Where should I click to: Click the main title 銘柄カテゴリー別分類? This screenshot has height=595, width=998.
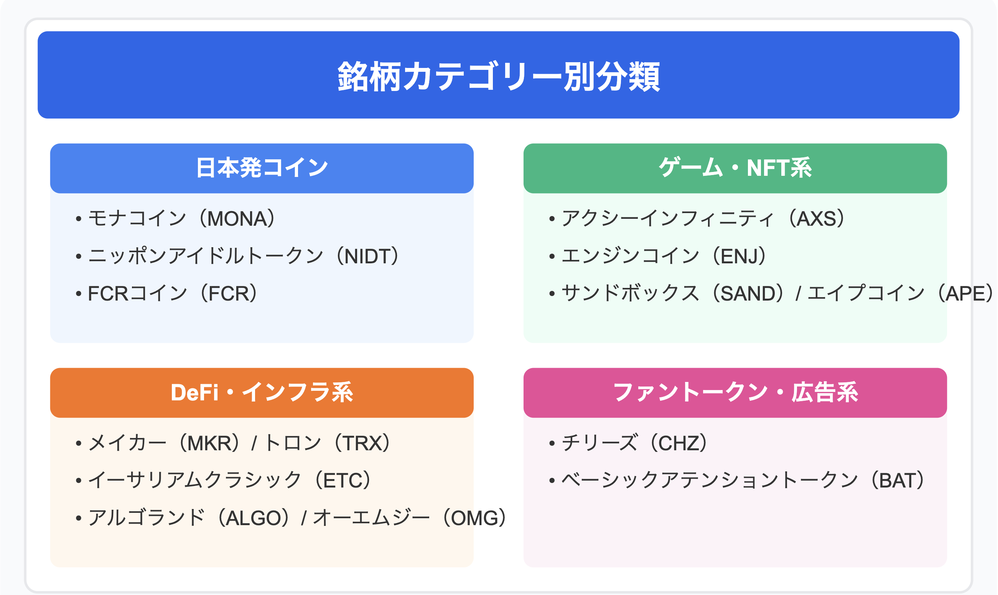(x=499, y=76)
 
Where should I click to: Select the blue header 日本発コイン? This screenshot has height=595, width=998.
(x=262, y=168)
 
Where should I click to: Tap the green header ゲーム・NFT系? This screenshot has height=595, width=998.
(x=735, y=168)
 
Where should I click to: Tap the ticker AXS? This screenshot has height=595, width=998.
(x=817, y=219)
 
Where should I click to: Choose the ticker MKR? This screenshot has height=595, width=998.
(x=210, y=443)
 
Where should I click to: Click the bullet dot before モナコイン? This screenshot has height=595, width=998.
(x=79, y=219)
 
